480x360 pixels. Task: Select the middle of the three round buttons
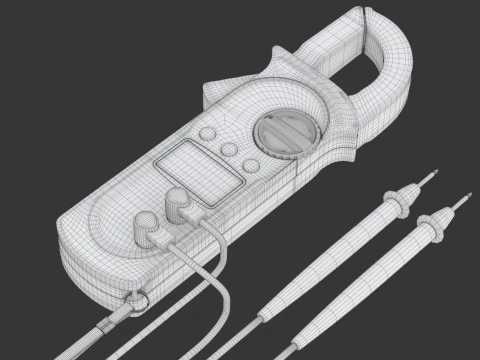coord(229,150)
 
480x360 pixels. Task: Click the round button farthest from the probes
coord(207,133)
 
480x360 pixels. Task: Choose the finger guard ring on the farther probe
coord(435,229)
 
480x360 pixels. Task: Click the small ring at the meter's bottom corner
coord(136,299)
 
